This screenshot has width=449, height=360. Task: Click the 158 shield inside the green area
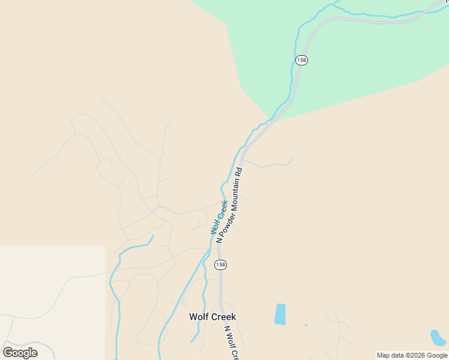[302, 60]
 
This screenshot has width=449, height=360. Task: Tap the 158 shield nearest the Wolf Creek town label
[221, 265]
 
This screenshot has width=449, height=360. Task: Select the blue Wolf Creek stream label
[218, 217]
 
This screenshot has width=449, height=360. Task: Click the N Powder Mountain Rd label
[229, 205]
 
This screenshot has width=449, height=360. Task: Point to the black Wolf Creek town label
[212, 317]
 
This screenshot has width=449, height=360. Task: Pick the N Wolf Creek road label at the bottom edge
[232, 343]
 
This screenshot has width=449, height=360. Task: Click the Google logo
[20, 353]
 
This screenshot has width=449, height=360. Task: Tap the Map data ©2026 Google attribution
[412, 355]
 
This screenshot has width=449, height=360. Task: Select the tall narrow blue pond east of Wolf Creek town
[280, 314]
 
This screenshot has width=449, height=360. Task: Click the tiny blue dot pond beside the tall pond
[306, 325]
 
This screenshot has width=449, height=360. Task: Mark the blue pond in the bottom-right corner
[438, 338]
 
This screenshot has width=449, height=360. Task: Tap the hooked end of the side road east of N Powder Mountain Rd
[291, 159]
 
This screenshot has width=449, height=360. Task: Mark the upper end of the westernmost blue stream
[153, 236]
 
